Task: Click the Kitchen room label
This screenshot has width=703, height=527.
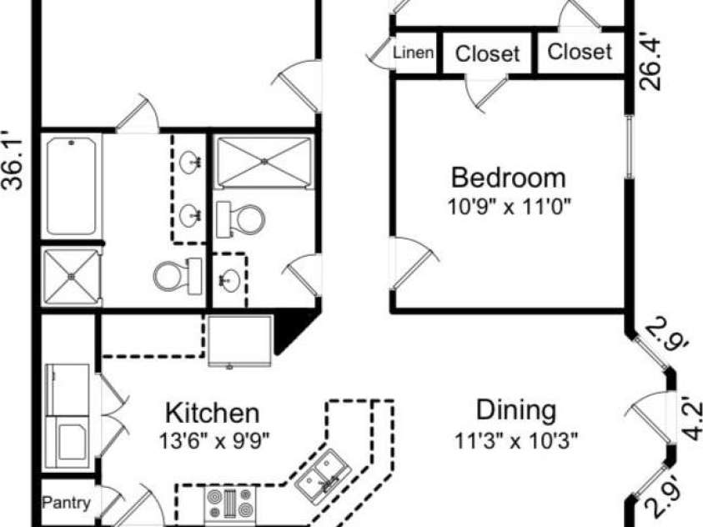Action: (213, 413)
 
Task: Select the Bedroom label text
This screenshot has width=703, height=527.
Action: (509, 178)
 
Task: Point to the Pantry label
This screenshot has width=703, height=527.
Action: (67, 502)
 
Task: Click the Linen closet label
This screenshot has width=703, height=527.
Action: (414, 53)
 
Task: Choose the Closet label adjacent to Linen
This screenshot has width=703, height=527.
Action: (487, 53)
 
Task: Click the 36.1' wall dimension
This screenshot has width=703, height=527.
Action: (13, 160)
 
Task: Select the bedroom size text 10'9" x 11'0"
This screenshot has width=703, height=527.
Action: (510, 207)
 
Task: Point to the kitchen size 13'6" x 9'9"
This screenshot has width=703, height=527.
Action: (214, 441)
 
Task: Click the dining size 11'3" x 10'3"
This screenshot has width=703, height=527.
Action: (516, 440)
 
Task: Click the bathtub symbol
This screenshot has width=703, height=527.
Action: (72, 187)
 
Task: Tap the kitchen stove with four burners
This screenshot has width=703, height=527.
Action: (229, 502)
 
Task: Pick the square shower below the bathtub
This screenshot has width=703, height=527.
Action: (71, 276)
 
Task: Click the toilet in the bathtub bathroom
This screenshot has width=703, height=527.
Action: (178, 276)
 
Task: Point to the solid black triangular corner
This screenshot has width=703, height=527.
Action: (292, 332)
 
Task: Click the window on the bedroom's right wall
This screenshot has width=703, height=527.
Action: (630, 147)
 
